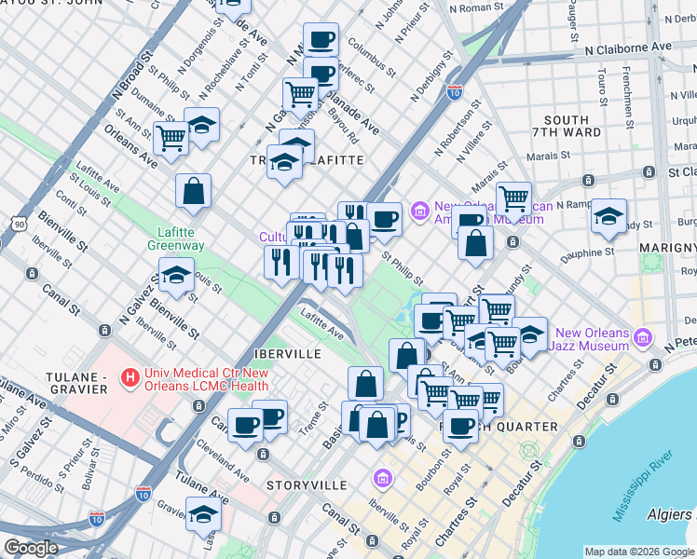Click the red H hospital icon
tap(131, 377)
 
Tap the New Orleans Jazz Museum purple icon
tap(642, 336)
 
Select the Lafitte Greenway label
tap(174, 239)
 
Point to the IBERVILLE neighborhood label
tap(288, 354)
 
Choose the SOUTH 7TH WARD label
tap(567, 127)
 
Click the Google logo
tap(31, 548)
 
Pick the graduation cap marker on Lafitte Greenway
tap(175, 276)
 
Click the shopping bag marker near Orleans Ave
tap(193, 191)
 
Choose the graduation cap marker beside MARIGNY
tap(608, 216)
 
